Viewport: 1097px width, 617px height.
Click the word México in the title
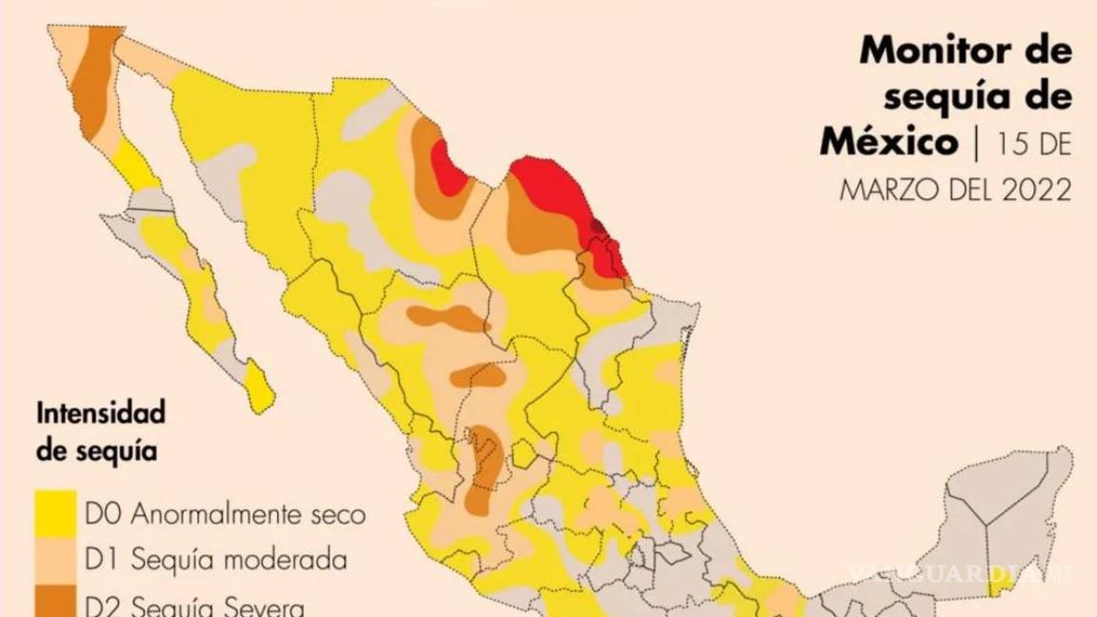point(888,143)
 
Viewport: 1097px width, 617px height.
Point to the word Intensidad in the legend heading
point(101,414)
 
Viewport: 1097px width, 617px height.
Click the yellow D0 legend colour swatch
point(55,514)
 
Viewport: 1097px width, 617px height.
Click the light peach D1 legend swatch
point(55,560)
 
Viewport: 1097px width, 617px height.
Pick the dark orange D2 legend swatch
point(55,604)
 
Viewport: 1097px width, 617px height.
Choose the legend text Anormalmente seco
point(248,515)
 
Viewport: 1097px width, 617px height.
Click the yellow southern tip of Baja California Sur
point(258,391)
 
